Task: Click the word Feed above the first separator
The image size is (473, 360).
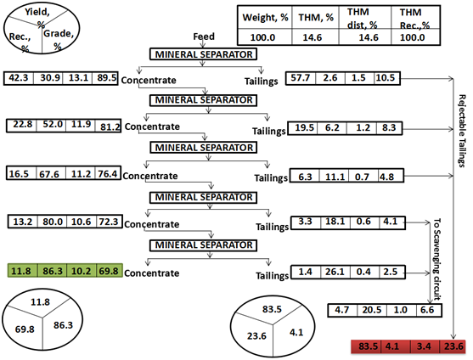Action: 204,37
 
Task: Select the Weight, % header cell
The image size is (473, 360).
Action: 265,18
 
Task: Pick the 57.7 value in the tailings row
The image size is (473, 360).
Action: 300,78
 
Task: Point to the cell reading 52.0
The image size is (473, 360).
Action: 52,125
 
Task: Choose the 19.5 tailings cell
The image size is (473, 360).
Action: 304,128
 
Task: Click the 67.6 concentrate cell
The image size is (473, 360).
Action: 49,174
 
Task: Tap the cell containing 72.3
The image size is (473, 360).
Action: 109,222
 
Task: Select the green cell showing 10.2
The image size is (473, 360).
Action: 82,271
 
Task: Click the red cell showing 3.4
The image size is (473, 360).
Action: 424,346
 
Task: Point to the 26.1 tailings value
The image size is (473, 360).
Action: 335,272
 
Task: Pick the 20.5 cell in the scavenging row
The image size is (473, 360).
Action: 372,310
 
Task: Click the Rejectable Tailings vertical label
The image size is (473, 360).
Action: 462,131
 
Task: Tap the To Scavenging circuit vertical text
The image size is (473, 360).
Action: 436,259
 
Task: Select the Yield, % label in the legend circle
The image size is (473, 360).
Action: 37,18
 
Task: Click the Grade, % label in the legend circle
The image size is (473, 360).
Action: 59,39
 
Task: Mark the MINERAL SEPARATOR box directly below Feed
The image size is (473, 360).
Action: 204,54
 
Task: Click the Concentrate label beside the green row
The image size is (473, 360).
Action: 151,273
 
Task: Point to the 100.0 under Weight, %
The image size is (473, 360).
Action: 262,37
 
